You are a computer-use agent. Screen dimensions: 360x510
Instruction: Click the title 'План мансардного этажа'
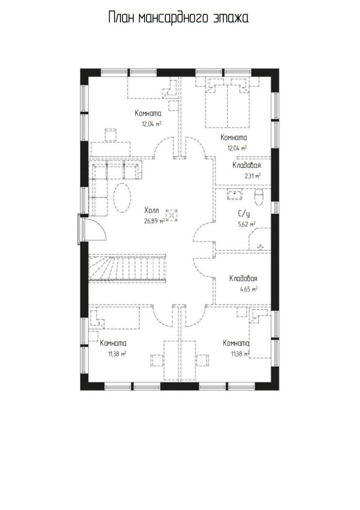pos(178,18)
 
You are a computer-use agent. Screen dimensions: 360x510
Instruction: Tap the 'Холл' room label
pos(151,211)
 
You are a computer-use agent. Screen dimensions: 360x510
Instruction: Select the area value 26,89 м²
pos(154,221)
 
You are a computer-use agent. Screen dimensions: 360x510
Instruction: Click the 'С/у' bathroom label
pos(244,214)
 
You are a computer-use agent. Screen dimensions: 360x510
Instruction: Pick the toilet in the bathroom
pos(259,197)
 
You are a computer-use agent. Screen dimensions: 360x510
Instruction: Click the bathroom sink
pos(235,194)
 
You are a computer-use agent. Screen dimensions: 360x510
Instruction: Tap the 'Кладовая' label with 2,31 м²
pos(246,165)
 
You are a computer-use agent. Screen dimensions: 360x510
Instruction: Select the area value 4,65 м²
pos(249,289)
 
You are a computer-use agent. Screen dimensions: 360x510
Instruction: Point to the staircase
pos(127,267)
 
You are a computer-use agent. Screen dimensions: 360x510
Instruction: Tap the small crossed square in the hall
pos(172,215)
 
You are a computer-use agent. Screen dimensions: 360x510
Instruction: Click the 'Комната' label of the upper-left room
pos(148,114)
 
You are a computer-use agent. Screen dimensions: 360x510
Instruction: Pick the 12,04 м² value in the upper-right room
pos(237,148)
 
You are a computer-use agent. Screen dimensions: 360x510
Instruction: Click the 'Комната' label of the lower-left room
pos(113,343)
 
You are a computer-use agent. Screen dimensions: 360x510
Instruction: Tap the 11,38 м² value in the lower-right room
pos(240,354)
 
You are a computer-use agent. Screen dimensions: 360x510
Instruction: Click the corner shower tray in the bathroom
pos(260,239)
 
